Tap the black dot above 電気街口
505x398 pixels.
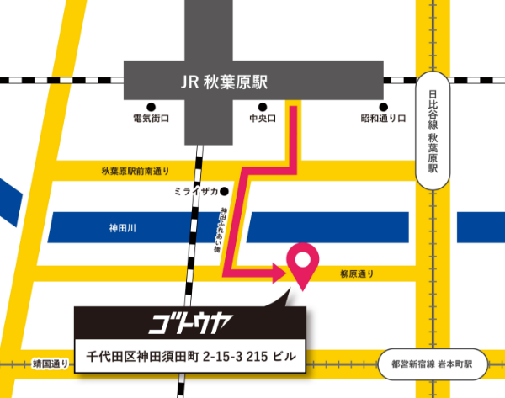pyautogui.click(x=151, y=107)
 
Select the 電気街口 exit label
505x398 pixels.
pyautogui.click(x=151, y=119)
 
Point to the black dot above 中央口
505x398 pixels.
pyautogui.click(x=263, y=107)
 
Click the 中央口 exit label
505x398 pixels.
pyautogui.click(x=263, y=119)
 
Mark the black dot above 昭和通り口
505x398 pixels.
pyautogui.click(x=383, y=107)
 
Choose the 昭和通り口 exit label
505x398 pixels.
pyautogui.click(x=383, y=119)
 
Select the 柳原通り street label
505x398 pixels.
pyautogui.click(x=357, y=274)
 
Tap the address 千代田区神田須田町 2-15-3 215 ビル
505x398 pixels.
pyautogui.click(x=191, y=356)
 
